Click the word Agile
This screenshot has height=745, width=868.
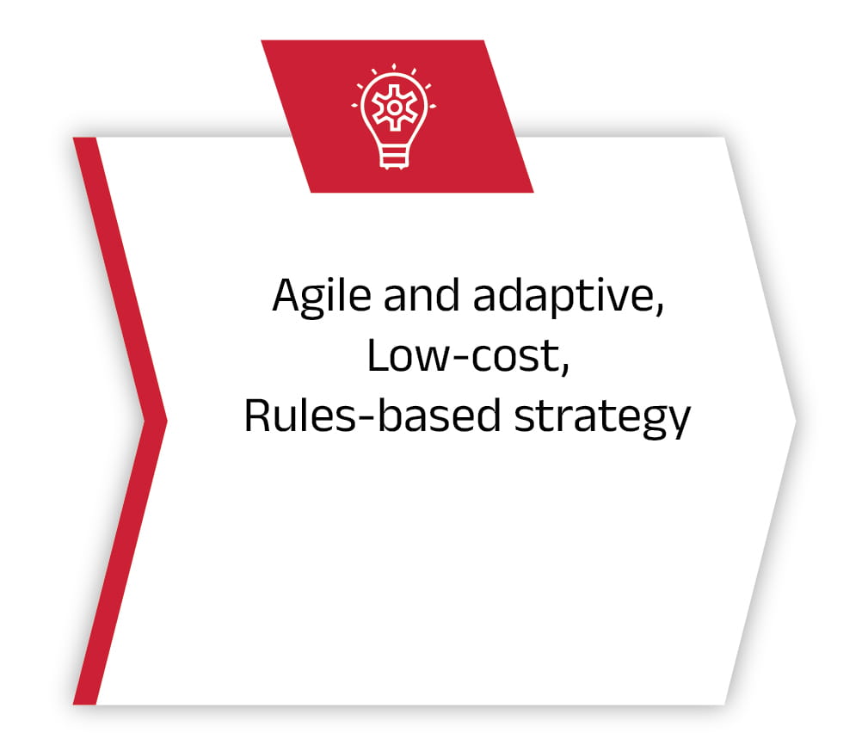322,297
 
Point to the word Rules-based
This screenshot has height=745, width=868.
372,416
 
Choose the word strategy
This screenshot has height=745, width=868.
602,418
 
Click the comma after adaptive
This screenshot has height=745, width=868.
660,309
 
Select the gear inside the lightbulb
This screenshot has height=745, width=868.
394,108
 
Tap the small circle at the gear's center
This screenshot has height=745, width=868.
394,108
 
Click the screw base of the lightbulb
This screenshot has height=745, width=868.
394,157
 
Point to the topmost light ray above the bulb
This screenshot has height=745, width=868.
394,66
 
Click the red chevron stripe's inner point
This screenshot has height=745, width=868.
145,422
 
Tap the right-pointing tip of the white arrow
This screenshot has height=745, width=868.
796,422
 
